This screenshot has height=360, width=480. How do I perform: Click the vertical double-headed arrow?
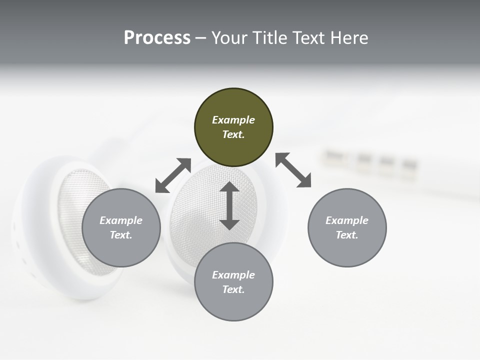pyautogui.click(x=229, y=206)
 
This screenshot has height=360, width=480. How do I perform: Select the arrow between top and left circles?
pyautogui.click(x=173, y=175)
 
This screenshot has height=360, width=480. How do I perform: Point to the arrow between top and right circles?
pyautogui.click(x=293, y=170)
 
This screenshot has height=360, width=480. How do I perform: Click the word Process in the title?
pyautogui.click(x=157, y=38)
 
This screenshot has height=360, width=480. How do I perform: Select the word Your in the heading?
pyautogui.click(x=229, y=38)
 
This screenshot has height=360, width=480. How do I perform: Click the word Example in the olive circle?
pyautogui.click(x=233, y=120)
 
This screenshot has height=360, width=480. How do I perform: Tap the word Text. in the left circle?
pyautogui.click(x=121, y=235)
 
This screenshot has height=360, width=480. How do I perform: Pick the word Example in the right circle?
pyautogui.click(x=347, y=220)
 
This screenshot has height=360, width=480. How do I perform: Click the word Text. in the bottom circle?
pyautogui.click(x=233, y=289)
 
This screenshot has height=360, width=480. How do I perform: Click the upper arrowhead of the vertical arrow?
pyautogui.click(x=229, y=187)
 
